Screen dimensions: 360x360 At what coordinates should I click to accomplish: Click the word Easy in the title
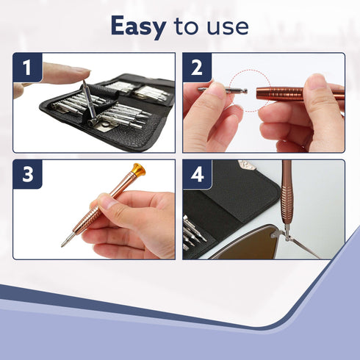pyautogui.click(x=139, y=27)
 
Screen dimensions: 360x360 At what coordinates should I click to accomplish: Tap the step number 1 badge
pyautogui.click(x=27, y=68)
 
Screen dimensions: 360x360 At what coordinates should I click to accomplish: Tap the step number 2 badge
pyautogui.click(x=197, y=68)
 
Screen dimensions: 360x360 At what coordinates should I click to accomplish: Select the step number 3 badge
pyautogui.click(x=27, y=174)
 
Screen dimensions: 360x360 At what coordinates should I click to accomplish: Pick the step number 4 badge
pyautogui.click(x=197, y=174)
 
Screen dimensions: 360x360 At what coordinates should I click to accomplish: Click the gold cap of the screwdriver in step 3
pyautogui.click(x=139, y=170)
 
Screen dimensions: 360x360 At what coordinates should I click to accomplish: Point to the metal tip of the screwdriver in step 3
pyautogui.click(x=68, y=240)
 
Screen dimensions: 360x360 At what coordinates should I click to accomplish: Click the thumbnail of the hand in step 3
pyautogui.click(x=109, y=203)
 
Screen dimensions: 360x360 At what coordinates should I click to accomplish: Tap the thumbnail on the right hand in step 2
pyautogui.click(x=315, y=82)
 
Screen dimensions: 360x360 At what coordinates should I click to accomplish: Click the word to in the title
pyautogui.click(x=186, y=26)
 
